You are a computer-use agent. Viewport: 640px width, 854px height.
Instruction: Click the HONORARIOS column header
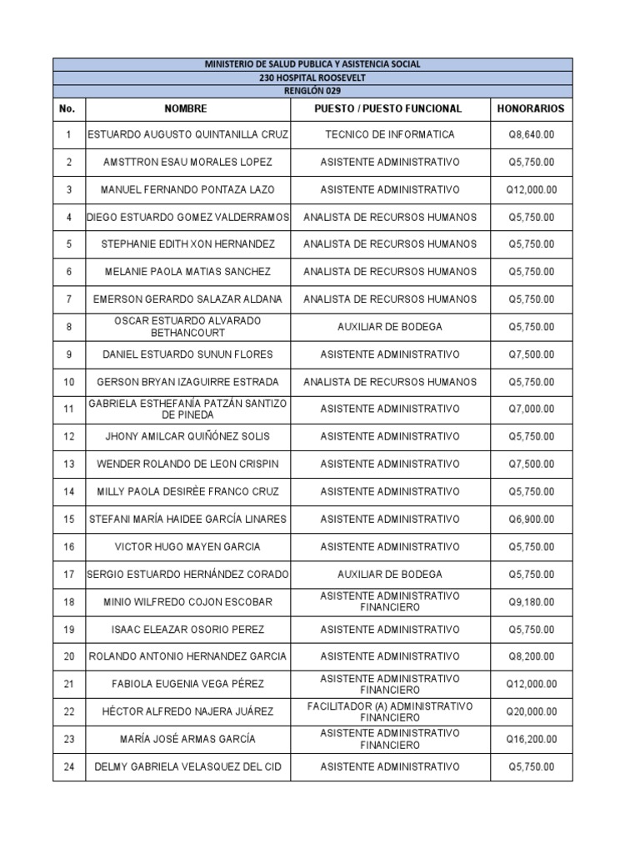pos(531,108)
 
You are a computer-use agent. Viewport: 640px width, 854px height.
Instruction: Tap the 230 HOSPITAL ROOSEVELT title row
pos(312,78)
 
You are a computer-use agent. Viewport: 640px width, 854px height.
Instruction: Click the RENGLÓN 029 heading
pos(312,91)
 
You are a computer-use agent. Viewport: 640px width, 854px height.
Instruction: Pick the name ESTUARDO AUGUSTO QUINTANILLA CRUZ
pos(187,134)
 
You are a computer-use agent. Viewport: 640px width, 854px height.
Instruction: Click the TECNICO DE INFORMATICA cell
pos(389,134)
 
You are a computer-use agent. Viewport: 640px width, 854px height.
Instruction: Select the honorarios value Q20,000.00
pos(531,711)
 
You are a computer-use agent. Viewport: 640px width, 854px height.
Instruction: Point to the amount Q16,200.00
pos(531,739)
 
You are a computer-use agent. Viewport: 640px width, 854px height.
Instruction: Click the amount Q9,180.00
pos(531,601)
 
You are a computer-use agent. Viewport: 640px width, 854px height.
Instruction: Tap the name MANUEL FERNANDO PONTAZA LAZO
pos(187,189)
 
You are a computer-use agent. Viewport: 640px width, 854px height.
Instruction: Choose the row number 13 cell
pos(68,464)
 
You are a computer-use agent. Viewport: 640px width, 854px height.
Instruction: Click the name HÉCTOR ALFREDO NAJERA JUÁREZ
pos(187,711)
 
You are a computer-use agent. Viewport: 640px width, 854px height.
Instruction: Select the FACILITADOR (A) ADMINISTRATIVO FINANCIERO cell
pos(389,711)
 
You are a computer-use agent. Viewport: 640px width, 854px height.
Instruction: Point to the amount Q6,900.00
pos(531,519)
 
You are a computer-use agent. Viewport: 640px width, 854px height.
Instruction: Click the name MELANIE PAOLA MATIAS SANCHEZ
pos(187,272)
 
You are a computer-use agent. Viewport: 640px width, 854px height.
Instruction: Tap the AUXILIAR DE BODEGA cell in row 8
pos(389,327)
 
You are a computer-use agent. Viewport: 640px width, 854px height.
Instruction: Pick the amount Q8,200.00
pos(531,656)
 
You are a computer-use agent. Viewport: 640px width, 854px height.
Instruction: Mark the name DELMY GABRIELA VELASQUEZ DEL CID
pos(187,766)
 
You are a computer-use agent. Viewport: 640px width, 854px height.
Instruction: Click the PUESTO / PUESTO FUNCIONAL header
pos(389,108)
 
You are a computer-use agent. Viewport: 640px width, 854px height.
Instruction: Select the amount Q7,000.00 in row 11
pos(531,409)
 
